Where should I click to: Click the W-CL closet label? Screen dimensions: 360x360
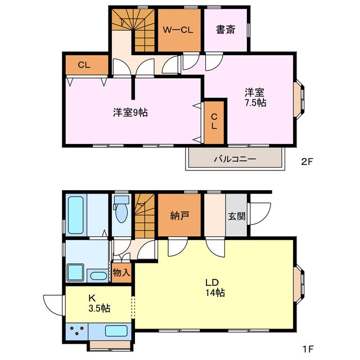179,30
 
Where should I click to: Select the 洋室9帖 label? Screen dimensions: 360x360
130,112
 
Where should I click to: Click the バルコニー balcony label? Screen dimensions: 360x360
235,159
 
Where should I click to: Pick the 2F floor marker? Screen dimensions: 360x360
307,162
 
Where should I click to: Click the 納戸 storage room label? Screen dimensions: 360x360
179,215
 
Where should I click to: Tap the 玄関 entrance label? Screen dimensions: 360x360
236,215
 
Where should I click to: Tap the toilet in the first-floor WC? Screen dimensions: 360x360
120,211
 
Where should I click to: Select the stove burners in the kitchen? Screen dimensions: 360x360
79,331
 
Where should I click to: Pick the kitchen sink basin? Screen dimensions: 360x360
116,331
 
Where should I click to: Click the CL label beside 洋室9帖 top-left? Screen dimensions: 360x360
84,65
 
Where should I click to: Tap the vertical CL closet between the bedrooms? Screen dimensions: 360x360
214,121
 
